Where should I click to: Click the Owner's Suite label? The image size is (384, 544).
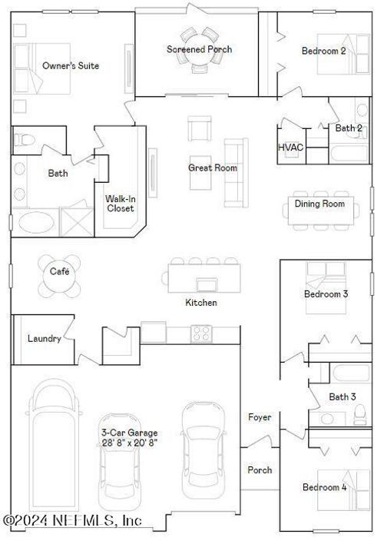[71, 65]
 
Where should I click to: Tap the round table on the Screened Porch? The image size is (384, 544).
[199, 50]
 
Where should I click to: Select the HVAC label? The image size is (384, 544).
[291, 147]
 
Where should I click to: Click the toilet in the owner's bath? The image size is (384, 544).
[25, 140]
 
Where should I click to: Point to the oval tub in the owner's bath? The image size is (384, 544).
[36, 222]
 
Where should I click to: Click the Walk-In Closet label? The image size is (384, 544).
[121, 204]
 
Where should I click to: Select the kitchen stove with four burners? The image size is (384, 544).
[201, 333]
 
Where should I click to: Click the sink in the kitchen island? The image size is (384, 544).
[207, 285]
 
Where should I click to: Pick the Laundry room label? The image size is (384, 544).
[45, 338]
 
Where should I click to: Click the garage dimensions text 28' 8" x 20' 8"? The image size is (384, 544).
[129, 443]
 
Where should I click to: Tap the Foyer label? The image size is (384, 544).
[260, 416]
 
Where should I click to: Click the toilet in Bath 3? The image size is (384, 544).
[360, 415]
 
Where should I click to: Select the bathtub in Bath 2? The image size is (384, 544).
[349, 154]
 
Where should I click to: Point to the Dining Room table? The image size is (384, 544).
[321, 211]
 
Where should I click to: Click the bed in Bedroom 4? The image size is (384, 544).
[344, 490]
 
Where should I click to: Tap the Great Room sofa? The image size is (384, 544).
[236, 173]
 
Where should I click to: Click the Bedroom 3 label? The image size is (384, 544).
[326, 294]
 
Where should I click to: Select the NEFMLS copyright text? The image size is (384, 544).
[72, 520]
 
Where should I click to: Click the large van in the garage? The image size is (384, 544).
[54, 444]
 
